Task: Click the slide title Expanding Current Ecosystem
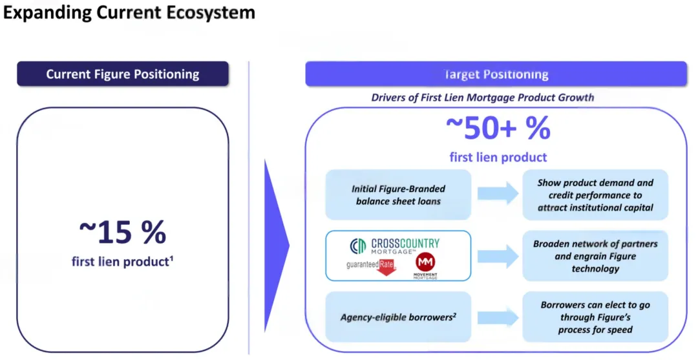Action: [x=129, y=12]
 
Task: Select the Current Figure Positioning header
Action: [x=123, y=74]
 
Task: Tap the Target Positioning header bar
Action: [x=496, y=74]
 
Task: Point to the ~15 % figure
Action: [x=122, y=231]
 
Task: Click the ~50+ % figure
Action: [x=498, y=128]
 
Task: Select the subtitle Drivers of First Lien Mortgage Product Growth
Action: [x=483, y=98]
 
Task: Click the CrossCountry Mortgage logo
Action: [x=394, y=246]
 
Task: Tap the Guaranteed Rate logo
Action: [x=371, y=267]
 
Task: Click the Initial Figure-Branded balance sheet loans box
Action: [x=398, y=195]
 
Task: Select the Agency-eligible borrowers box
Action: [x=398, y=317]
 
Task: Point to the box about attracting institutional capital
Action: [x=595, y=195]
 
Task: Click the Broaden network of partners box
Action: [x=595, y=256]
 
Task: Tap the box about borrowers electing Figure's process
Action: [x=595, y=317]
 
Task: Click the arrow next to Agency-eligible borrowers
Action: [x=498, y=318]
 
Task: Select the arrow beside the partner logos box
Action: [x=498, y=257]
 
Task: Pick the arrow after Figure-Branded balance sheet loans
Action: [x=498, y=193]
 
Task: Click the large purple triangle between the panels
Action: [x=275, y=246]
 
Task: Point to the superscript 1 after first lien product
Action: [x=171, y=259]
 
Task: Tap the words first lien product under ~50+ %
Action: [x=498, y=157]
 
